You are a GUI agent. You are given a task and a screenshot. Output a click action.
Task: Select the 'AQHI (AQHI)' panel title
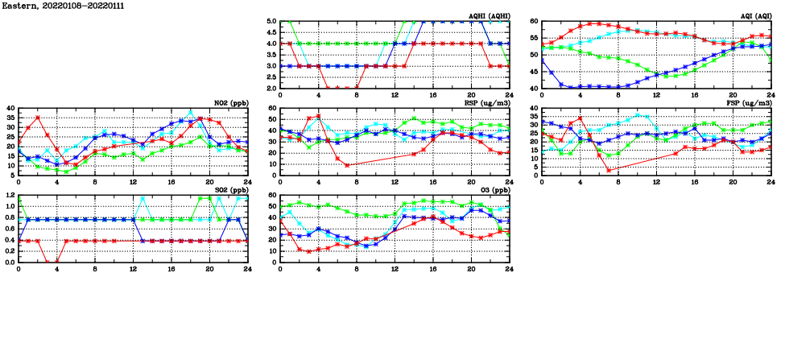tap(489, 16)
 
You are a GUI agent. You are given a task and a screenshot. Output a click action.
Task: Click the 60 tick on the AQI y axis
tap(534, 22)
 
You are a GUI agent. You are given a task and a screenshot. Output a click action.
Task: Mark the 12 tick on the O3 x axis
tap(395, 269)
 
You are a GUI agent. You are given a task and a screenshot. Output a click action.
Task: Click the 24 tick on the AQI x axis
tap(771, 95)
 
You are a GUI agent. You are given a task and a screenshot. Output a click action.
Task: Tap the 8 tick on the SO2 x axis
tap(95, 269)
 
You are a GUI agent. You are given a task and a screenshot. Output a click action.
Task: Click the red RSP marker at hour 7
tap(347, 165)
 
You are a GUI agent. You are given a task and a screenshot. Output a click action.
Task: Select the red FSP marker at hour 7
tap(609, 170)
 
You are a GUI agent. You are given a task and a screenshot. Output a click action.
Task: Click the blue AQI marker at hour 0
tap(542, 59)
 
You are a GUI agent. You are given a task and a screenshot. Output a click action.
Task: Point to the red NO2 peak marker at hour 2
tap(38, 118)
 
